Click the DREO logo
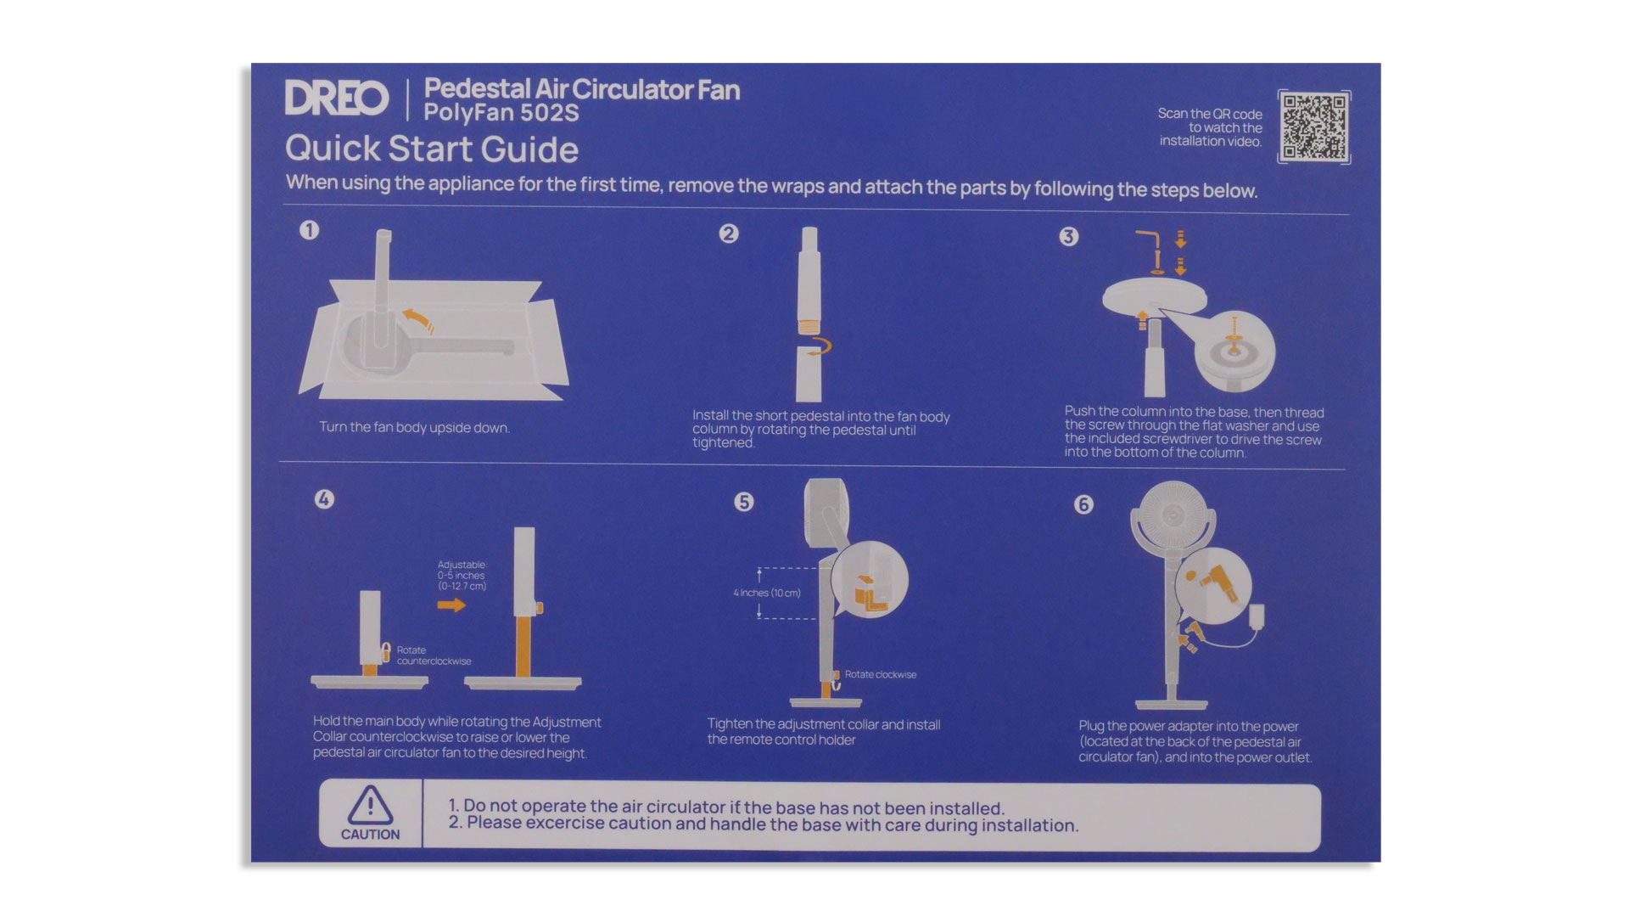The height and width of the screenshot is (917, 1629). tap(337, 98)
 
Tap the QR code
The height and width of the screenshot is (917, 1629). tap(1313, 127)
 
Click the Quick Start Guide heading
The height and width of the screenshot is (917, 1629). tap(432, 149)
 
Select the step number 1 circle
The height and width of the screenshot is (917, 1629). tap(309, 230)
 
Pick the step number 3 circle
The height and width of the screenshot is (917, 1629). tap(1069, 237)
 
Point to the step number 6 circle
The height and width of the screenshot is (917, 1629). tap(1083, 504)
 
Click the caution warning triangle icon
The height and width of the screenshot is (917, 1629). tap(370, 805)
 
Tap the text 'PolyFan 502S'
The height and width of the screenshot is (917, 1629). tap(501, 113)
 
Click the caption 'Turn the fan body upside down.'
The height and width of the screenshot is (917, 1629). tap(414, 427)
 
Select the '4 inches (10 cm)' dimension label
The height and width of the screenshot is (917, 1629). tap(767, 593)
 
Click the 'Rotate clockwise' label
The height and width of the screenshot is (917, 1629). tap(881, 674)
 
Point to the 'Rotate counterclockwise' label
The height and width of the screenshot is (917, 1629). tap(434, 655)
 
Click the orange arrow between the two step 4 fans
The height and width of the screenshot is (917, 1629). tap(451, 605)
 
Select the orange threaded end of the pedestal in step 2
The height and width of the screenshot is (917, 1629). tap(809, 323)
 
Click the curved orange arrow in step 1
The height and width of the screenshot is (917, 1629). tap(418, 320)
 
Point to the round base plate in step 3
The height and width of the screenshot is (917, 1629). tap(1154, 295)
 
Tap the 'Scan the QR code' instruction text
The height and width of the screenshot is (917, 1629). tap(1210, 114)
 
